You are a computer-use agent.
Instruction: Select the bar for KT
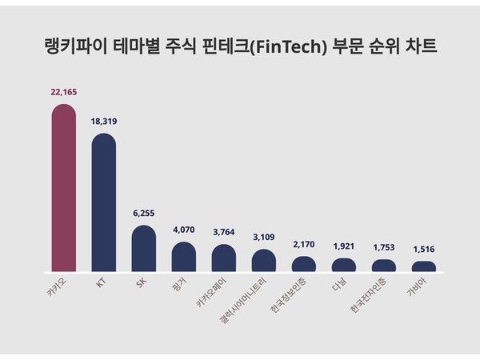click(x=103, y=203)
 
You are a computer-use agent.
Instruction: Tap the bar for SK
click(x=143, y=249)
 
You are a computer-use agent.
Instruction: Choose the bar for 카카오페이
click(x=223, y=258)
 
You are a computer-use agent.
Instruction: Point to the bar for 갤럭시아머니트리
click(x=263, y=261)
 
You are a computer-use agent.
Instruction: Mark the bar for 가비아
click(x=423, y=266)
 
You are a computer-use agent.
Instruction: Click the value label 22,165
click(x=63, y=93)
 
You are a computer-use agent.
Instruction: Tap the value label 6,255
click(x=143, y=214)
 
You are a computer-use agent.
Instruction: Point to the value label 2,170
click(x=303, y=245)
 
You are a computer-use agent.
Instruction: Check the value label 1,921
click(x=343, y=247)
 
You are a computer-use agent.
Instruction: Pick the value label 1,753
click(x=383, y=248)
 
